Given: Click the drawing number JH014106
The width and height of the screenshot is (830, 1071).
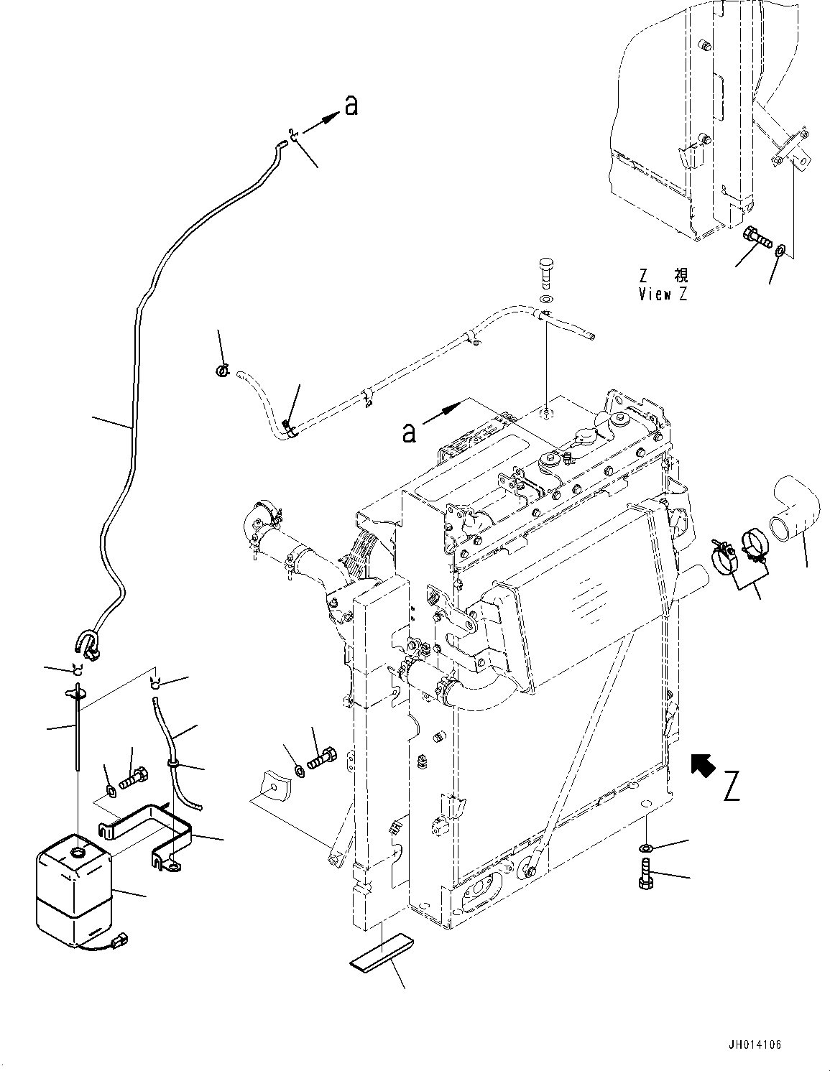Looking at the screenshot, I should point(753,1044).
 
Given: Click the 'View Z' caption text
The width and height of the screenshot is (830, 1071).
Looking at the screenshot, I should point(663,294).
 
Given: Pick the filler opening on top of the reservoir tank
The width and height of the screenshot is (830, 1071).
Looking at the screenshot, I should point(75,853).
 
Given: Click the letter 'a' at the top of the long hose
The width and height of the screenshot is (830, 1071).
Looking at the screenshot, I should point(351,106).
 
